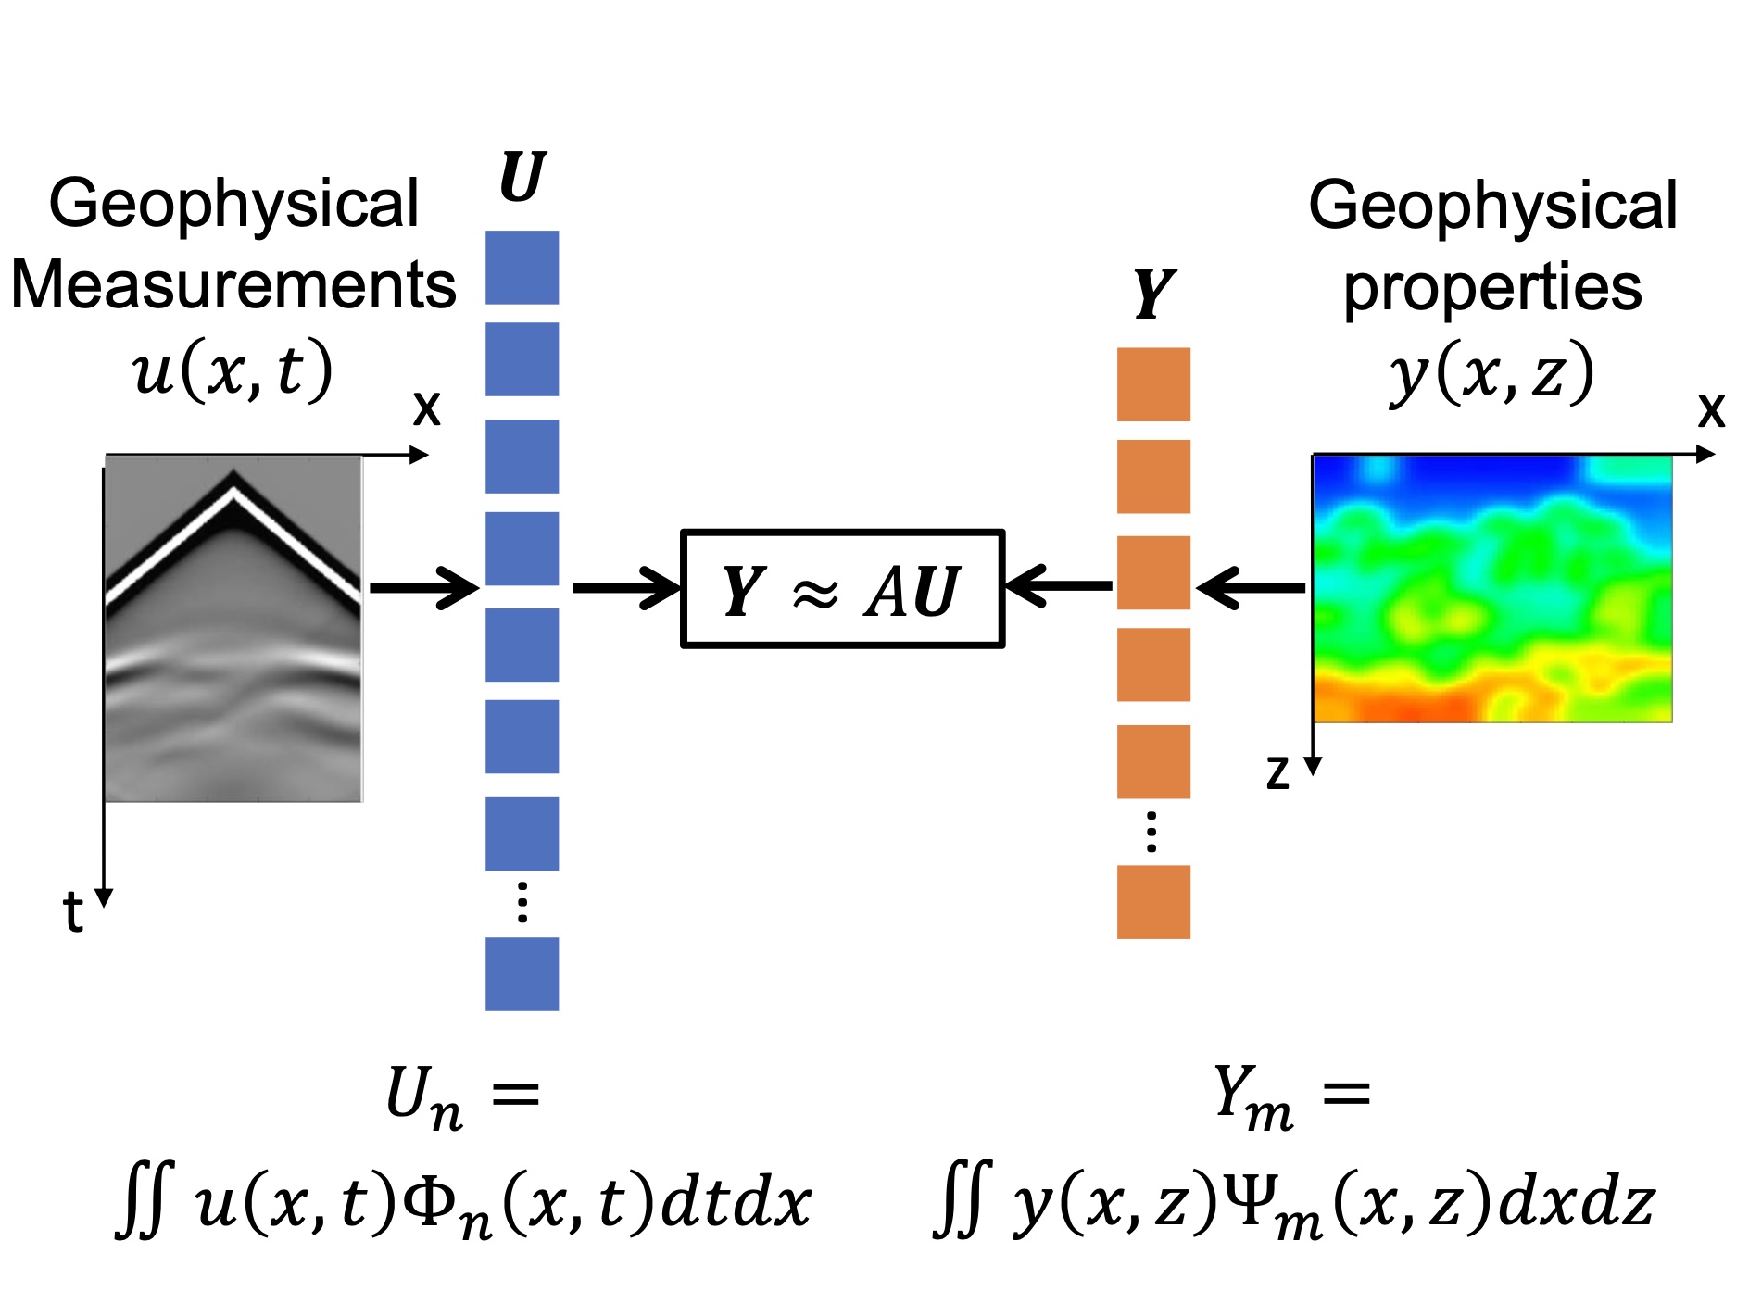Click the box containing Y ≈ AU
[x=842, y=589]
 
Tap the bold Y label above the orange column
[x=1153, y=294]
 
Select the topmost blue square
[x=522, y=268]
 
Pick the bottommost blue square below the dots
[x=522, y=974]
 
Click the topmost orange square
[x=1153, y=384]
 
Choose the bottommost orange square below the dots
[x=1153, y=902]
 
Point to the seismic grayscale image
[x=233, y=630]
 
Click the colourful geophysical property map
[x=1492, y=589]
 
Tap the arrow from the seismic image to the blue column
[x=423, y=588]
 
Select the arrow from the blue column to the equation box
[x=626, y=588]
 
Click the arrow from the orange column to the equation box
[x=1059, y=586]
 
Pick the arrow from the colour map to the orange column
[x=1251, y=588]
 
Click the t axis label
[x=73, y=912]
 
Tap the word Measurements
[x=233, y=284]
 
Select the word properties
[x=1492, y=287]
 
